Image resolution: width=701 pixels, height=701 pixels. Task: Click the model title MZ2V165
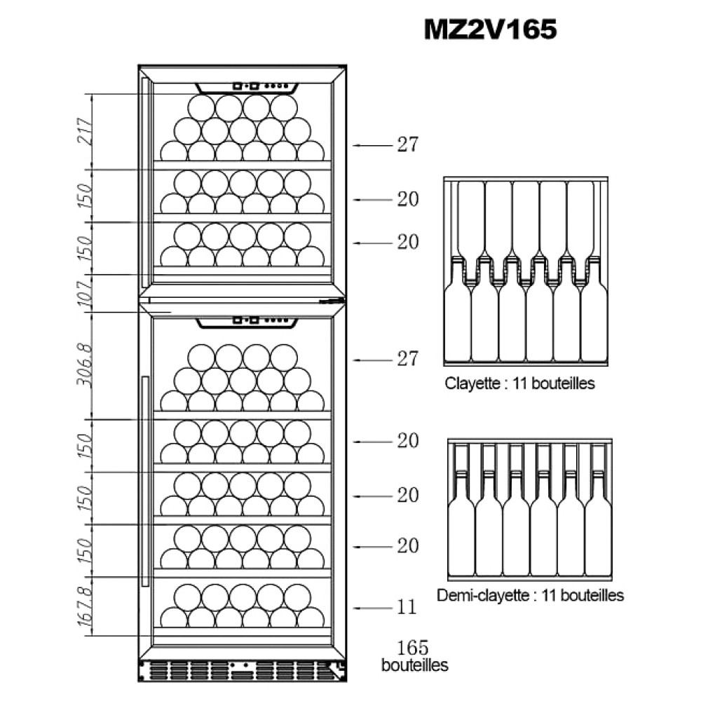coord(490,29)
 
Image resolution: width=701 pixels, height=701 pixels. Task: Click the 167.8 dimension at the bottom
coord(85,607)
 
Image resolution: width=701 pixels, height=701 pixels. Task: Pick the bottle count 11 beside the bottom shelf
coord(407,607)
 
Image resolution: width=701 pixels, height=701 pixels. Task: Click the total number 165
coord(413,647)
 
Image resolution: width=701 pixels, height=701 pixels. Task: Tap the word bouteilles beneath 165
coord(414,665)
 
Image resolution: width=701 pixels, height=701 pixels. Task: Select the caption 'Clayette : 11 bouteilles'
coord(519,384)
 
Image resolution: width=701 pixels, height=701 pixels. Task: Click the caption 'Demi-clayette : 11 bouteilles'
coord(529,596)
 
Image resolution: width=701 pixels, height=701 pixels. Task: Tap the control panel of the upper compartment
coord(246,87)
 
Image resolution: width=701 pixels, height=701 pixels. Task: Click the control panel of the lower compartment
coord(246,322)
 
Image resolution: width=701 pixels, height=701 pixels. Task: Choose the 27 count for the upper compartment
coord(407,145)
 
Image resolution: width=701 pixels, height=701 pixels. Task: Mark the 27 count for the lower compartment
coord(407,360)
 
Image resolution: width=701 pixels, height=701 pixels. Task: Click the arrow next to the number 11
coord(372,608)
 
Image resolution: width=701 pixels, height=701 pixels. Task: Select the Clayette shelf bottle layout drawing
coord(524,272)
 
